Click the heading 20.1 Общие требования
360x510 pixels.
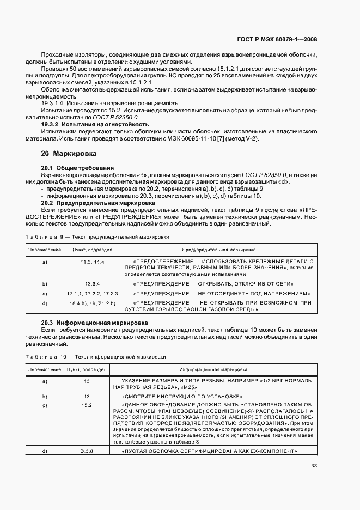[x=77, y=167]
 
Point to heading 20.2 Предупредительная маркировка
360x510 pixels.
[x=98, y=203]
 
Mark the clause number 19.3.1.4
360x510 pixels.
[x=52, y=103]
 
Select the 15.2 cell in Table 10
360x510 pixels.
[x=87, y=406]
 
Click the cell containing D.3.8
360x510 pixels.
[x=87, y=452]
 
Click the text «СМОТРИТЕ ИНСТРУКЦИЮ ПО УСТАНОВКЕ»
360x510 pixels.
[x=182, y=396]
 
